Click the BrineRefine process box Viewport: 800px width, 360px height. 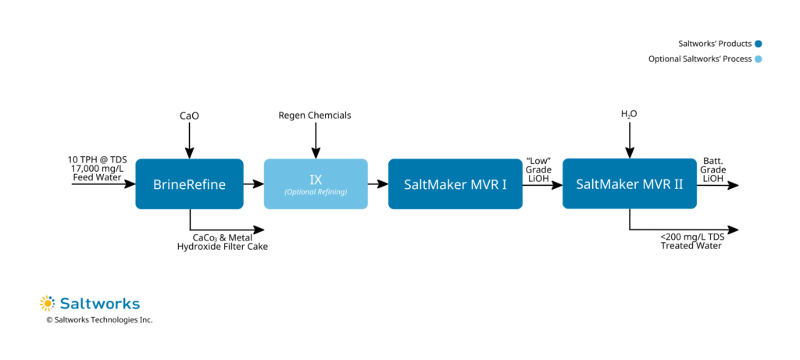click(x=189, y=184)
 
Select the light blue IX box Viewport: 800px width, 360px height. click(x=316, y=184)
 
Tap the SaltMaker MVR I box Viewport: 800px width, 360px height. click(x=455, y=184)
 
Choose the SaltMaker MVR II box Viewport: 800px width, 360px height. click(x=629, y=184)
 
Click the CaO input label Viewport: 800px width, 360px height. click(x=189, y=116)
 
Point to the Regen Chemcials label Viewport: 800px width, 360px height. click(x=315, y=116)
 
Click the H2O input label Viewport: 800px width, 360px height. click(x=629, y=115)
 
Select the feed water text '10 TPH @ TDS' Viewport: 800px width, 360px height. click(x=97, y=159)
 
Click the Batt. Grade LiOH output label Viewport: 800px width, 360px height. click(x=712, y=169)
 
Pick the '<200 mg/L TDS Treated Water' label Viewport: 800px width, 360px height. click(x=691, y=241)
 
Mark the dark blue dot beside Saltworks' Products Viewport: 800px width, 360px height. click(x=759, y=44)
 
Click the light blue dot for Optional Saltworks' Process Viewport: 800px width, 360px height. click(x=759, y=59)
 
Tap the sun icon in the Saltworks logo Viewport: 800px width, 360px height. click(x=47, y=303)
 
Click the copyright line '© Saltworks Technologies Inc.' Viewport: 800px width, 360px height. click(x=99, y=320)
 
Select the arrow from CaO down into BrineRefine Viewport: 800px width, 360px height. click(x=189, y=141)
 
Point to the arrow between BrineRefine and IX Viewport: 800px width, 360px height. click(x=253, y=184)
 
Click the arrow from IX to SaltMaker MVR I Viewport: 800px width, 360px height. click(x=377, y=184)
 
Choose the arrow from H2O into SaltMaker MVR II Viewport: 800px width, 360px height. click(x=629, y=141)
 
